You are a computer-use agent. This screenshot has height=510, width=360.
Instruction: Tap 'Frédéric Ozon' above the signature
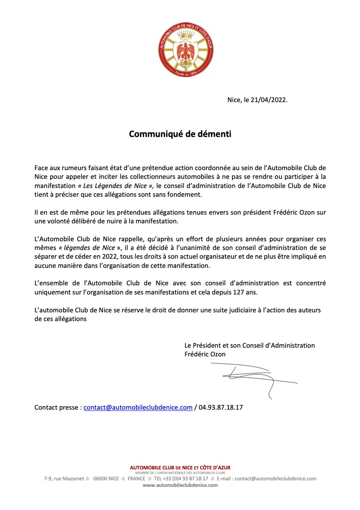tap(205, 354)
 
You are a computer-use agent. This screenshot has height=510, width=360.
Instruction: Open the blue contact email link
tap(138, 407)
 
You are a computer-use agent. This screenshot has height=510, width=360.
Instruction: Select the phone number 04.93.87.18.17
tap(221, 407)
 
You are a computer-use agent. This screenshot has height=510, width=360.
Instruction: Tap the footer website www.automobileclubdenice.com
tap(180, 485)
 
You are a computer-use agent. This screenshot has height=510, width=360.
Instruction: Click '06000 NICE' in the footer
tap(106, 479)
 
